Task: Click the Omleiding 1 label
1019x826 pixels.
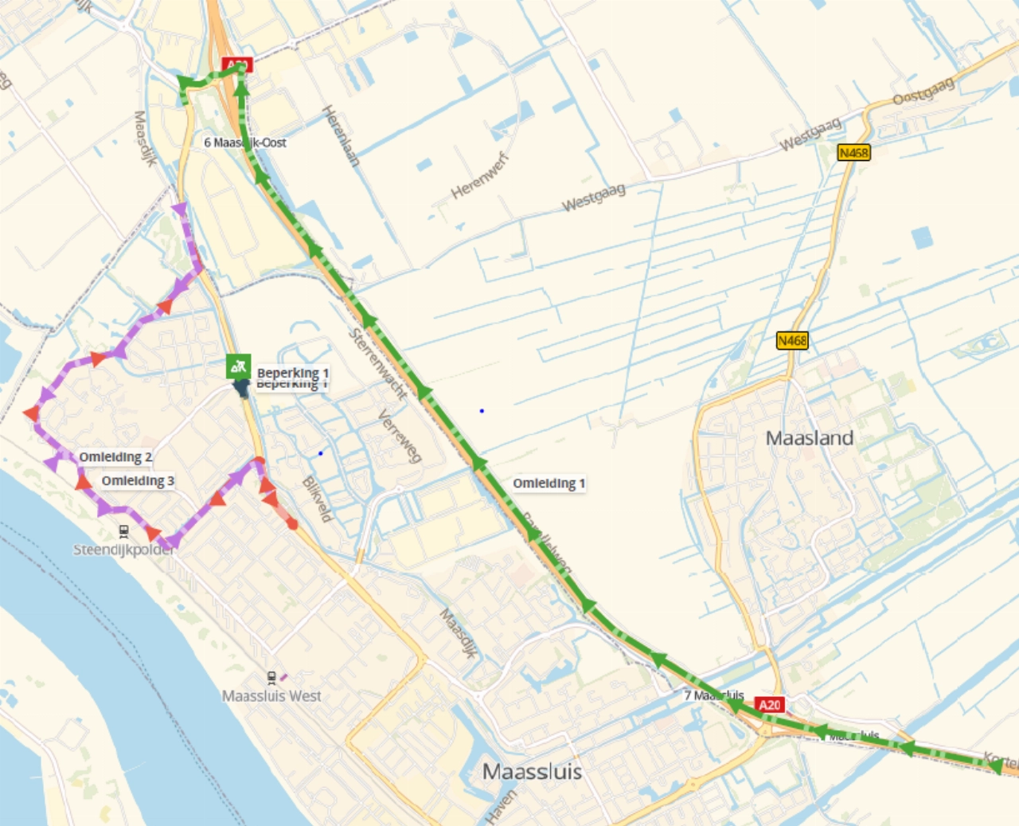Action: point(549,483)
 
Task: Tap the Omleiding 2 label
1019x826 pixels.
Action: point(115,457)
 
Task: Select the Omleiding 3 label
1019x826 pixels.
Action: point(138,481)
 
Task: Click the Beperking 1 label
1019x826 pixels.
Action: point(292,373)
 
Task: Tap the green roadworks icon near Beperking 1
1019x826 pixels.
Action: point(238,366)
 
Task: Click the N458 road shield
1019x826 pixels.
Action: point(853,152)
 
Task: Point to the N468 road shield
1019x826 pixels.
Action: point(792,341)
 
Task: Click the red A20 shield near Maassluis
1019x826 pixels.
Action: point(770,705)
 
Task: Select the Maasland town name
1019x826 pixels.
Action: point(809,438)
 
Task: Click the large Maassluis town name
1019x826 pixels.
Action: point(532,771)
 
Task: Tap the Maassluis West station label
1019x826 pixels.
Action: point(271,696)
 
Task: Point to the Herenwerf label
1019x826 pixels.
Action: point(479,176)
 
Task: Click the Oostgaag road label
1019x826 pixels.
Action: point(923,92)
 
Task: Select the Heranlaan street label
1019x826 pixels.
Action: point(341,135)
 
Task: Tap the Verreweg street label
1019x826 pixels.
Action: point(400,436)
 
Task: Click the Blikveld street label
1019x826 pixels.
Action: point(317,499)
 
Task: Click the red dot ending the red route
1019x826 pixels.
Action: point(292,524)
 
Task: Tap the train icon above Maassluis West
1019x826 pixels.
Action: point(271,678)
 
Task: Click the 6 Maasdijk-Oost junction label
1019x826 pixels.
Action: point(245,143)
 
